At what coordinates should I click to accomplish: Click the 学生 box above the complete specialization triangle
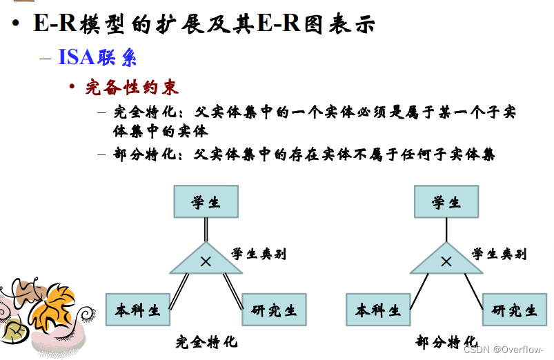point(206,201)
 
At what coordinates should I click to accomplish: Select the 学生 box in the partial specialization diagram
point(446,201)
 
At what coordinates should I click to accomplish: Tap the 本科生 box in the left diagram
point(138,310)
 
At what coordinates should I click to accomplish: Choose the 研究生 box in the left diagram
point(274,310)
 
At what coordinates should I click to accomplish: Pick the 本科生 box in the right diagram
point(378,310)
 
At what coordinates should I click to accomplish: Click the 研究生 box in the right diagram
point(515,310)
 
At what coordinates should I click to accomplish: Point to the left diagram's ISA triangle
point(206,261)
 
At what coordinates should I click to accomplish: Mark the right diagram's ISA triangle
point(446,261)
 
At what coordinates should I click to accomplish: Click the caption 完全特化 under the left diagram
point(205,341)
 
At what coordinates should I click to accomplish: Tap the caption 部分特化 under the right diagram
point(446,341)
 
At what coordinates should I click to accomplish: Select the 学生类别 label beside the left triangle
point(259,254)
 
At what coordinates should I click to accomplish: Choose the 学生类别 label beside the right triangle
point(499,254)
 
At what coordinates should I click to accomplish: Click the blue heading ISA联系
point(97,57)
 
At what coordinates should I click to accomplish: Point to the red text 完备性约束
point(132,88)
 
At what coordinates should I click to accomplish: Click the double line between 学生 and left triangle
point(206,230)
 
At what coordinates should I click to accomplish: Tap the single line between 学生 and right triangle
point(446,230)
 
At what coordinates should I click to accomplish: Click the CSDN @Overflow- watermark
point(503,349)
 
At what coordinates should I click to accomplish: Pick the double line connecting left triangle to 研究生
point(233,290)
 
